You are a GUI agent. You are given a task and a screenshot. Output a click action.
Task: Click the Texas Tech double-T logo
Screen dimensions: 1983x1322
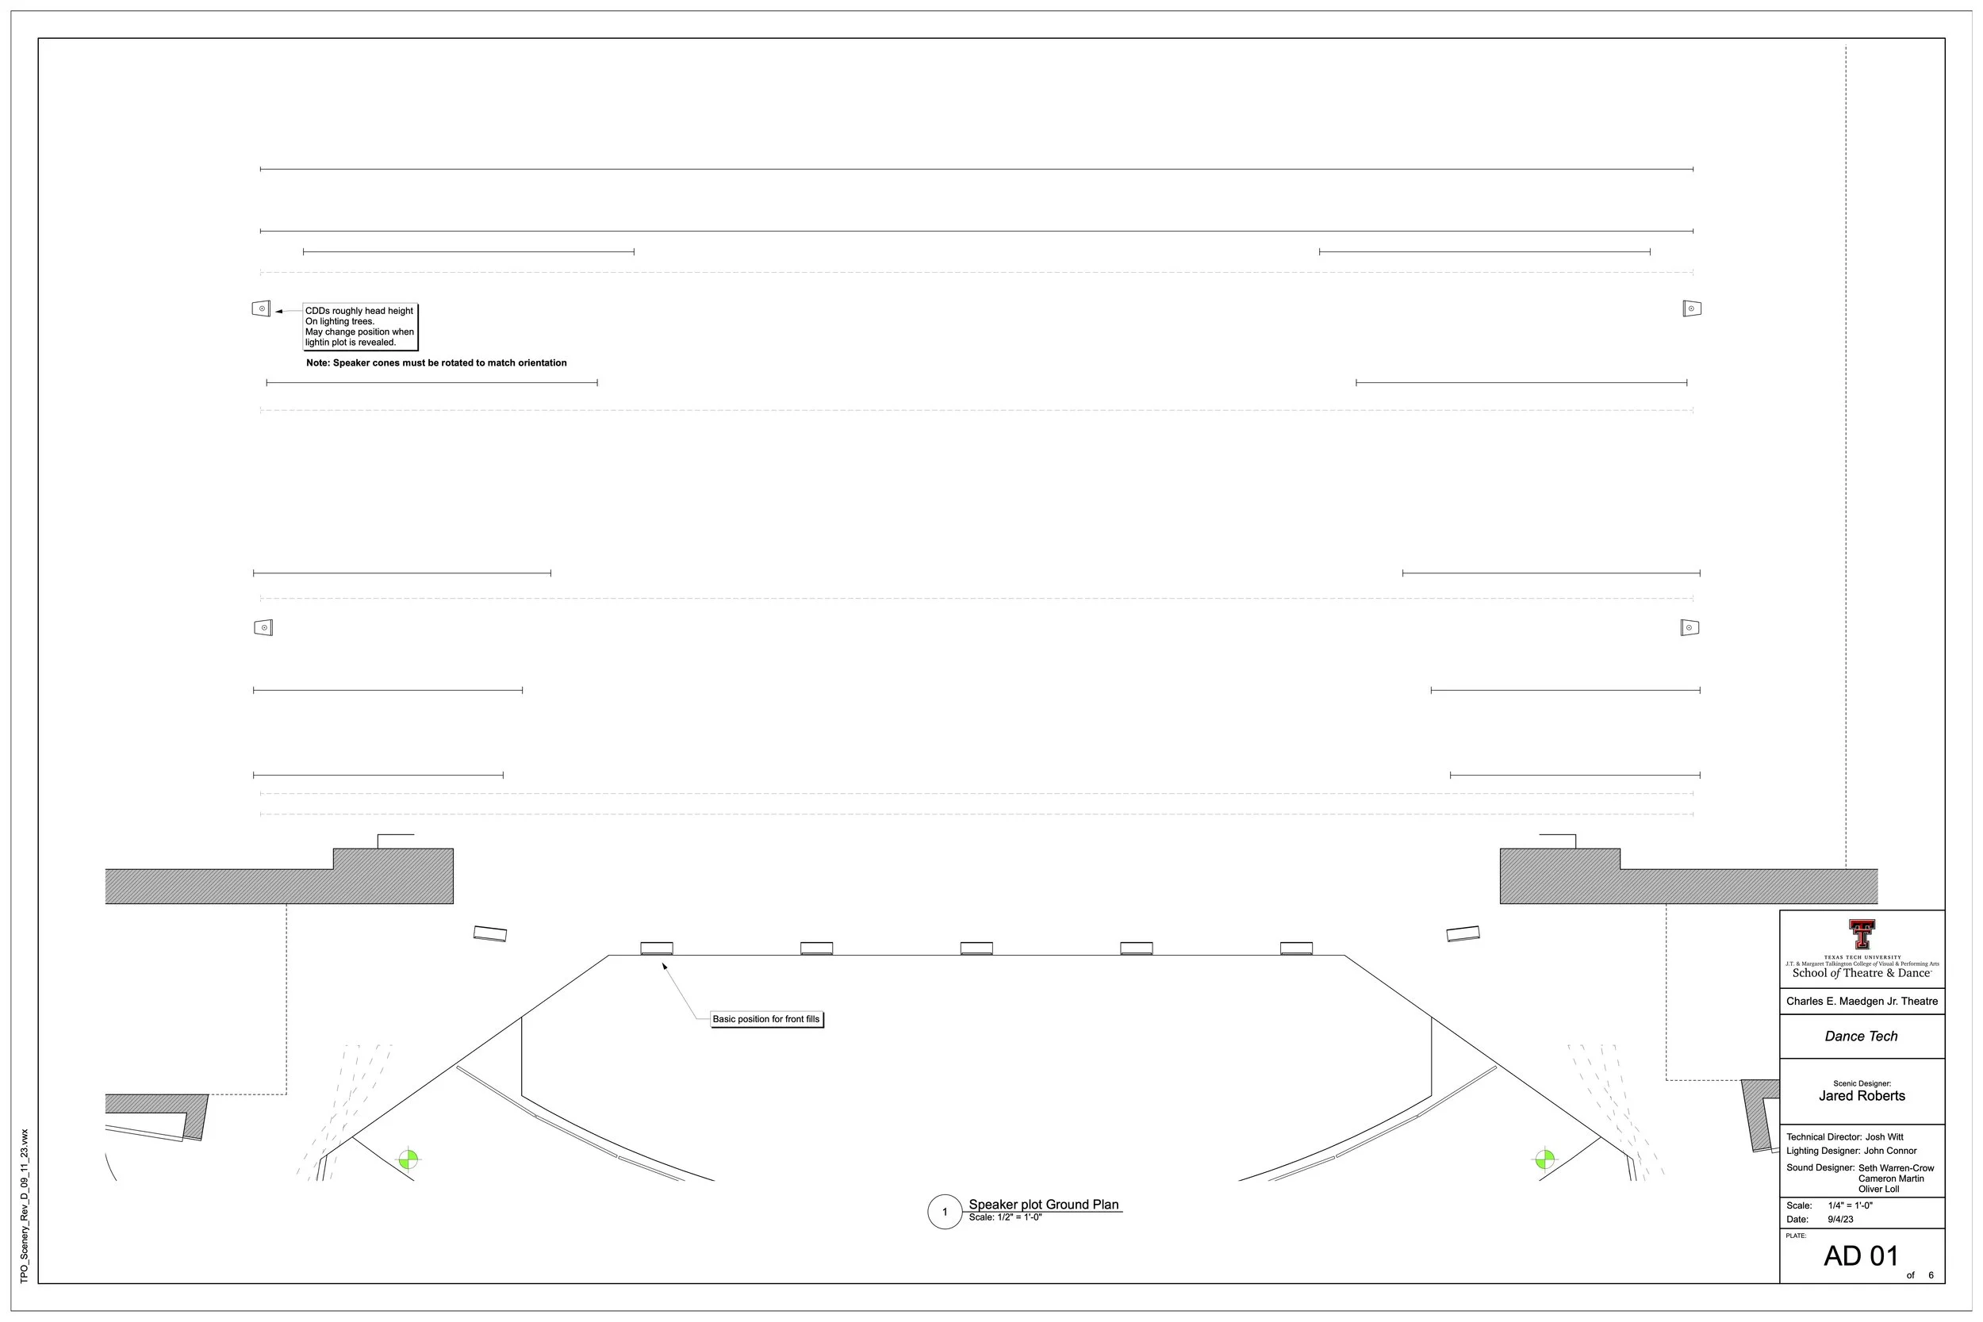tap(1862, 935)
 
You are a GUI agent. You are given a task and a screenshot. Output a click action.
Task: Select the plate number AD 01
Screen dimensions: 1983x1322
tap(1861, 1256)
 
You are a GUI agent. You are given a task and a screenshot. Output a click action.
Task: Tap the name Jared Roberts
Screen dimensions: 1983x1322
tap(1862, 1096)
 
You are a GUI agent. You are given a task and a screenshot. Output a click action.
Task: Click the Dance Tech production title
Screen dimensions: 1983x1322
tap(1861, 1037)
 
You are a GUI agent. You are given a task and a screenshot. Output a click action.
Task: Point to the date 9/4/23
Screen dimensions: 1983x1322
tap(1840, 1219)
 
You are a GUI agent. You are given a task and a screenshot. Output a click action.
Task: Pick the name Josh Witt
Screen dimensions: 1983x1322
tap(1885, 1136)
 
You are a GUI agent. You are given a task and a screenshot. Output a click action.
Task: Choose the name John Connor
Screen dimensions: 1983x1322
tap(1890, 1151)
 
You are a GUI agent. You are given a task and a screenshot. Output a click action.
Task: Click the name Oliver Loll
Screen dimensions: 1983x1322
tap(1878, 1189)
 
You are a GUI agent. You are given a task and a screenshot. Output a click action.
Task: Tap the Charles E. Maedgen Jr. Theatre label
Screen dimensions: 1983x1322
tap(1862, 1002)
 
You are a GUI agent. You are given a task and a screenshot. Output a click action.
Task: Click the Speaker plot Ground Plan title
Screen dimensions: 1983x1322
tap(1043, 1205)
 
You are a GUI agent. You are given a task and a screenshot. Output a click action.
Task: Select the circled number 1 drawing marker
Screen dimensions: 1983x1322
tap(944, 1213)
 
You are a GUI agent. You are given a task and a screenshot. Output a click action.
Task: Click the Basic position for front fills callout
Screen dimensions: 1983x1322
tap(765, 1019)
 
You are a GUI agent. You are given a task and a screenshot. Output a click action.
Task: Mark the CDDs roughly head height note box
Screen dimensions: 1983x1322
tap(360, 326)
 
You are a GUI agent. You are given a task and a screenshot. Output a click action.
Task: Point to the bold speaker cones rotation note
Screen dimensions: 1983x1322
tap(436, 363)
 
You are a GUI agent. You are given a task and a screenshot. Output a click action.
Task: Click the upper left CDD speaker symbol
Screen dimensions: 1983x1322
tap(262, 308)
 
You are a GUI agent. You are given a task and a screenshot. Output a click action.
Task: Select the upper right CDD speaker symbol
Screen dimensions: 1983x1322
tap(1691, 308)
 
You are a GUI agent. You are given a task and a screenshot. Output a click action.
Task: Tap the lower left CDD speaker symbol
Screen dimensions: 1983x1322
tap(263, 627)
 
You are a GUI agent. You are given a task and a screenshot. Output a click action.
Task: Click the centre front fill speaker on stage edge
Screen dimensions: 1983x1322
tap(976, 948)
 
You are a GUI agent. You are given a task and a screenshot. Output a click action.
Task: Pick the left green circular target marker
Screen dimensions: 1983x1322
tap(408, 1159)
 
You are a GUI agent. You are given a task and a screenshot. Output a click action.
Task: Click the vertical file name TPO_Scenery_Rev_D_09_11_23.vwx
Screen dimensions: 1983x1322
tap(25, 1206)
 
